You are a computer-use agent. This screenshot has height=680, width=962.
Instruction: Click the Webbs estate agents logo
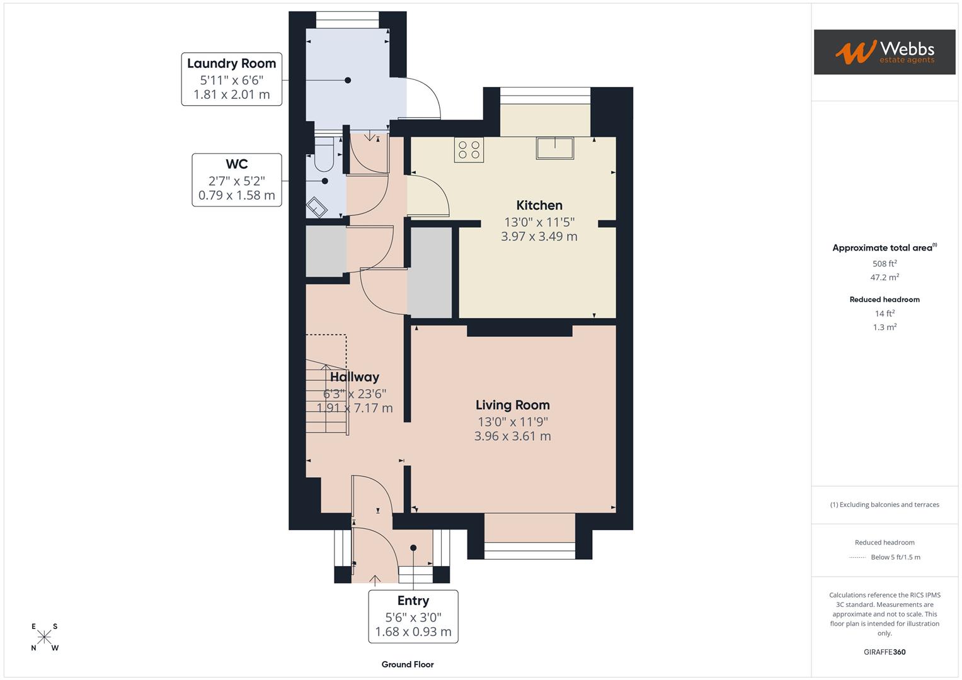tap(884, 52)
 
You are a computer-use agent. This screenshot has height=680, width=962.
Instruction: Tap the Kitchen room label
tap(539, 205)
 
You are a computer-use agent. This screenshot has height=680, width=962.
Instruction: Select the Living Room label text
tap(512, 405)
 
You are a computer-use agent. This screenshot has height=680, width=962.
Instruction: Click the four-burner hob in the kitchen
tap(469, 150)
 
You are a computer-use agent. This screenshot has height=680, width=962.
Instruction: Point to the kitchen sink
tap(555, 149)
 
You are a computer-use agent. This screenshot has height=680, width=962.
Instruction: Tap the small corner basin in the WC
tap(316, 207)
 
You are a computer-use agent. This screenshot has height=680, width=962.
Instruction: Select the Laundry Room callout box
tap(231, 79)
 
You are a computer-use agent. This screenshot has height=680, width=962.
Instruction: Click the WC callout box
tap(236, 180)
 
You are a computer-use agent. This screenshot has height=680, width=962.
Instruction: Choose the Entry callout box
tap(413, 616)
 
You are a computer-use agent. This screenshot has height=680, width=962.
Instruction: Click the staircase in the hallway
tap(326, 397)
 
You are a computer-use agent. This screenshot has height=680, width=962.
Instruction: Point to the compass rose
tap(44, 637)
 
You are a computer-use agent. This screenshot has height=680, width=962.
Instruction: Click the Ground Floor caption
tap(408, 664)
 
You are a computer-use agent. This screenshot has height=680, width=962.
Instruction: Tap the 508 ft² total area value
tap(885, 264)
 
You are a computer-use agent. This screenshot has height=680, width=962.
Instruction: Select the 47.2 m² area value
tap(885, 277)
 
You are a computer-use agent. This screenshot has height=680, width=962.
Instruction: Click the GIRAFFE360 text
tap(885, 652)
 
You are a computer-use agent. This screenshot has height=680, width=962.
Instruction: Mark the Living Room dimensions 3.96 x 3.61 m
tap(512, 436)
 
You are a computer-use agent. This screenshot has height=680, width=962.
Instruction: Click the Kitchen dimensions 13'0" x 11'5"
tap(539, 222)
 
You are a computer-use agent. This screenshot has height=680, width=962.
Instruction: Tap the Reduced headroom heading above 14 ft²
tap(885, 300)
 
